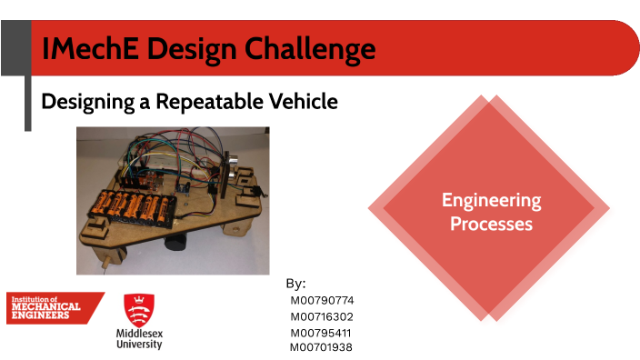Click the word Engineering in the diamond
(491, 200)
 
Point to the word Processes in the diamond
(491, 223)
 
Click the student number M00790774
(321, 300)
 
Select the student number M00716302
(321, 316)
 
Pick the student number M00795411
(321, 333)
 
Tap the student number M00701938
(321, 346)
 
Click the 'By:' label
(295, 284)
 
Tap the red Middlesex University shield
(138, 309)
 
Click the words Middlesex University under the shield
(138, 339)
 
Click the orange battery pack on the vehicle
(131, 207)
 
